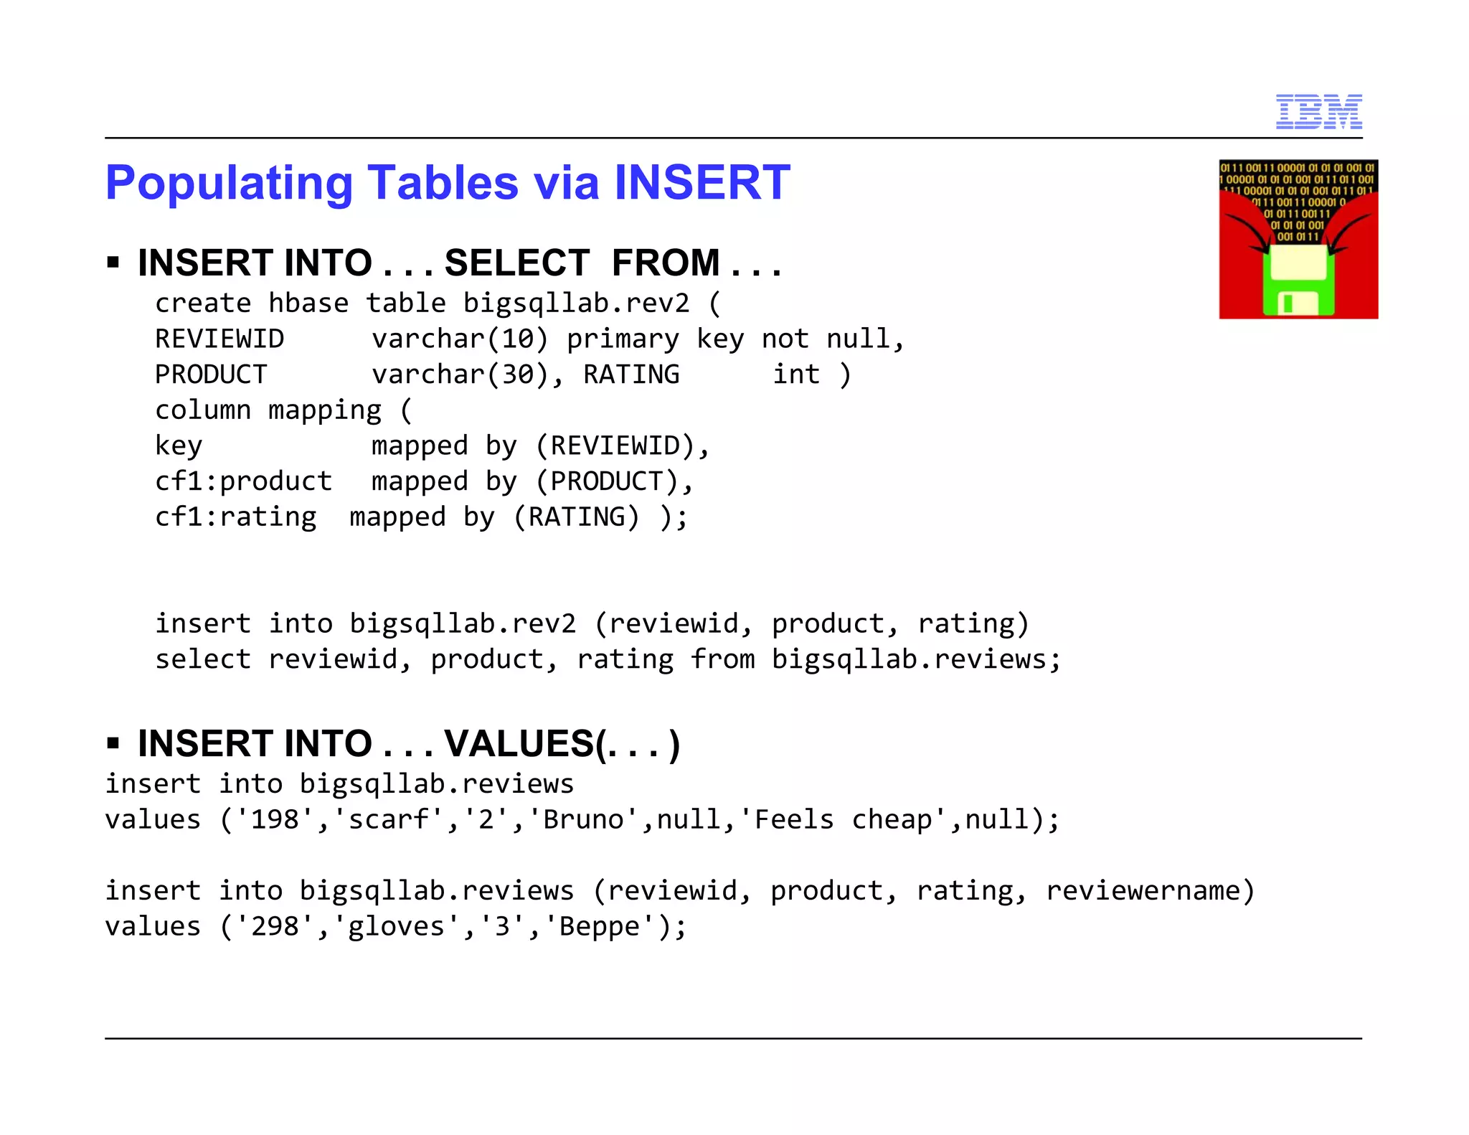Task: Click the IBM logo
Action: pyautogui.click(x=1318, y=112)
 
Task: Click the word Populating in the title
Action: pyautogui.click(x=229, y=184)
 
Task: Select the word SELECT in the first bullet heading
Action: pyautogui.click(x=516, y=263)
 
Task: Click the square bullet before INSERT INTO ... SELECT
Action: pyautogui.click(x=113, y=262)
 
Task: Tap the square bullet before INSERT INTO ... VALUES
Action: pyautogui.click(x=113, y=743)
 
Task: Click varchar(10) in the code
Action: pyautogui.click(x=459, y=339)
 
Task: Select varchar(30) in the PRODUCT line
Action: pyautogui.click(x=459, y=375)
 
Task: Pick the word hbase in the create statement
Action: pyautogui.click(x=308, y=303)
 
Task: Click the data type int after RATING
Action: pyautogui.click(x=795, y=375)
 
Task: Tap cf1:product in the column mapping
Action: pyautogui.click(x=244, y=481)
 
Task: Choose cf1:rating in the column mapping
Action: pyautogui.click(x=235, y=517)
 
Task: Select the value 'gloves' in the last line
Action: pyautogui.click(x=396, y=926)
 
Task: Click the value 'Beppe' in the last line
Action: pyautogui.click(x=599, y=926)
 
